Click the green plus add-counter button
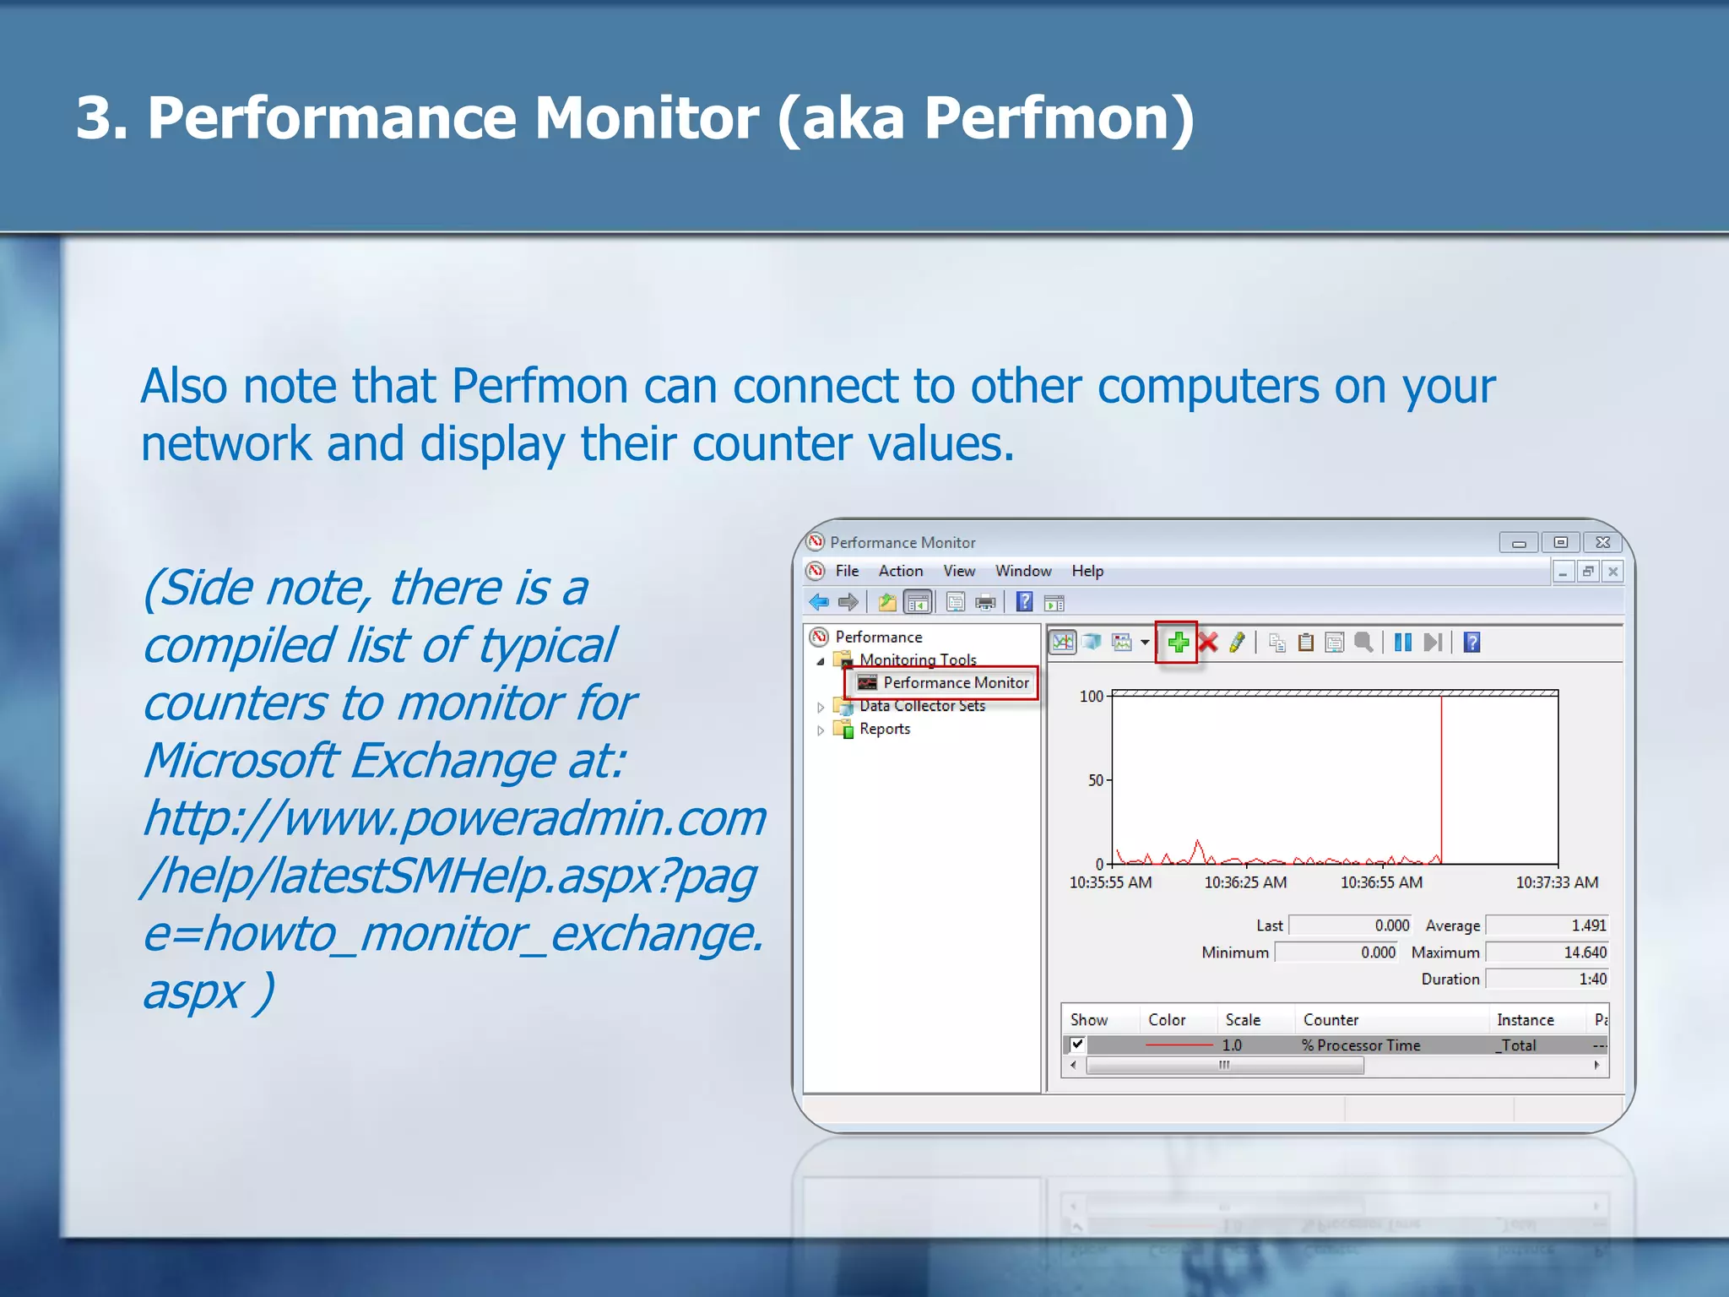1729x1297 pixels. [1178, 643]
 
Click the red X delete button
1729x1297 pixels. [1208, 643]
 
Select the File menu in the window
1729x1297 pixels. [847, 572]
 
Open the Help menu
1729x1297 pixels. [1087, 572]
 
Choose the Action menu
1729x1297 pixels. [900, 572]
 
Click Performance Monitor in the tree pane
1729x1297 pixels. [955, 683]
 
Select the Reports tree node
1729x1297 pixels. [884, 730]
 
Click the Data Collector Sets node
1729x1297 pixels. [922, 706]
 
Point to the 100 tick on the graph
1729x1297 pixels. [1092, 697]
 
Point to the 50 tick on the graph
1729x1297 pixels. [1096, 780]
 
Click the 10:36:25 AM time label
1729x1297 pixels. [1245, 883]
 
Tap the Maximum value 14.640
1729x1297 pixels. [1585, 953]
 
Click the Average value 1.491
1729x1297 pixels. [1588, 926]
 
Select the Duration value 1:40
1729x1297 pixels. [1592, 980]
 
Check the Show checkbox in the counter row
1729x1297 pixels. [1077, 1045]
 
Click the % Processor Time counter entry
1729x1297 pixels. [1361, 1045]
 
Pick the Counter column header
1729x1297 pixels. [1331, 1020]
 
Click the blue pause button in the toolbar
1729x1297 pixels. [1402, 643]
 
